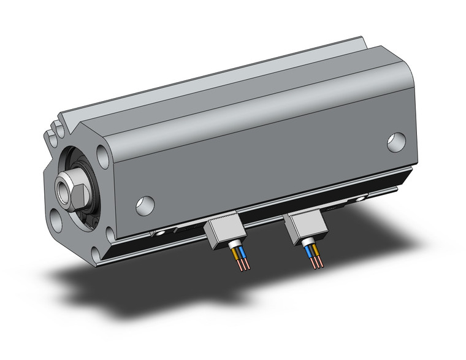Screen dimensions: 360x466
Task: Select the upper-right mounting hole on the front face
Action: (100, 151)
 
